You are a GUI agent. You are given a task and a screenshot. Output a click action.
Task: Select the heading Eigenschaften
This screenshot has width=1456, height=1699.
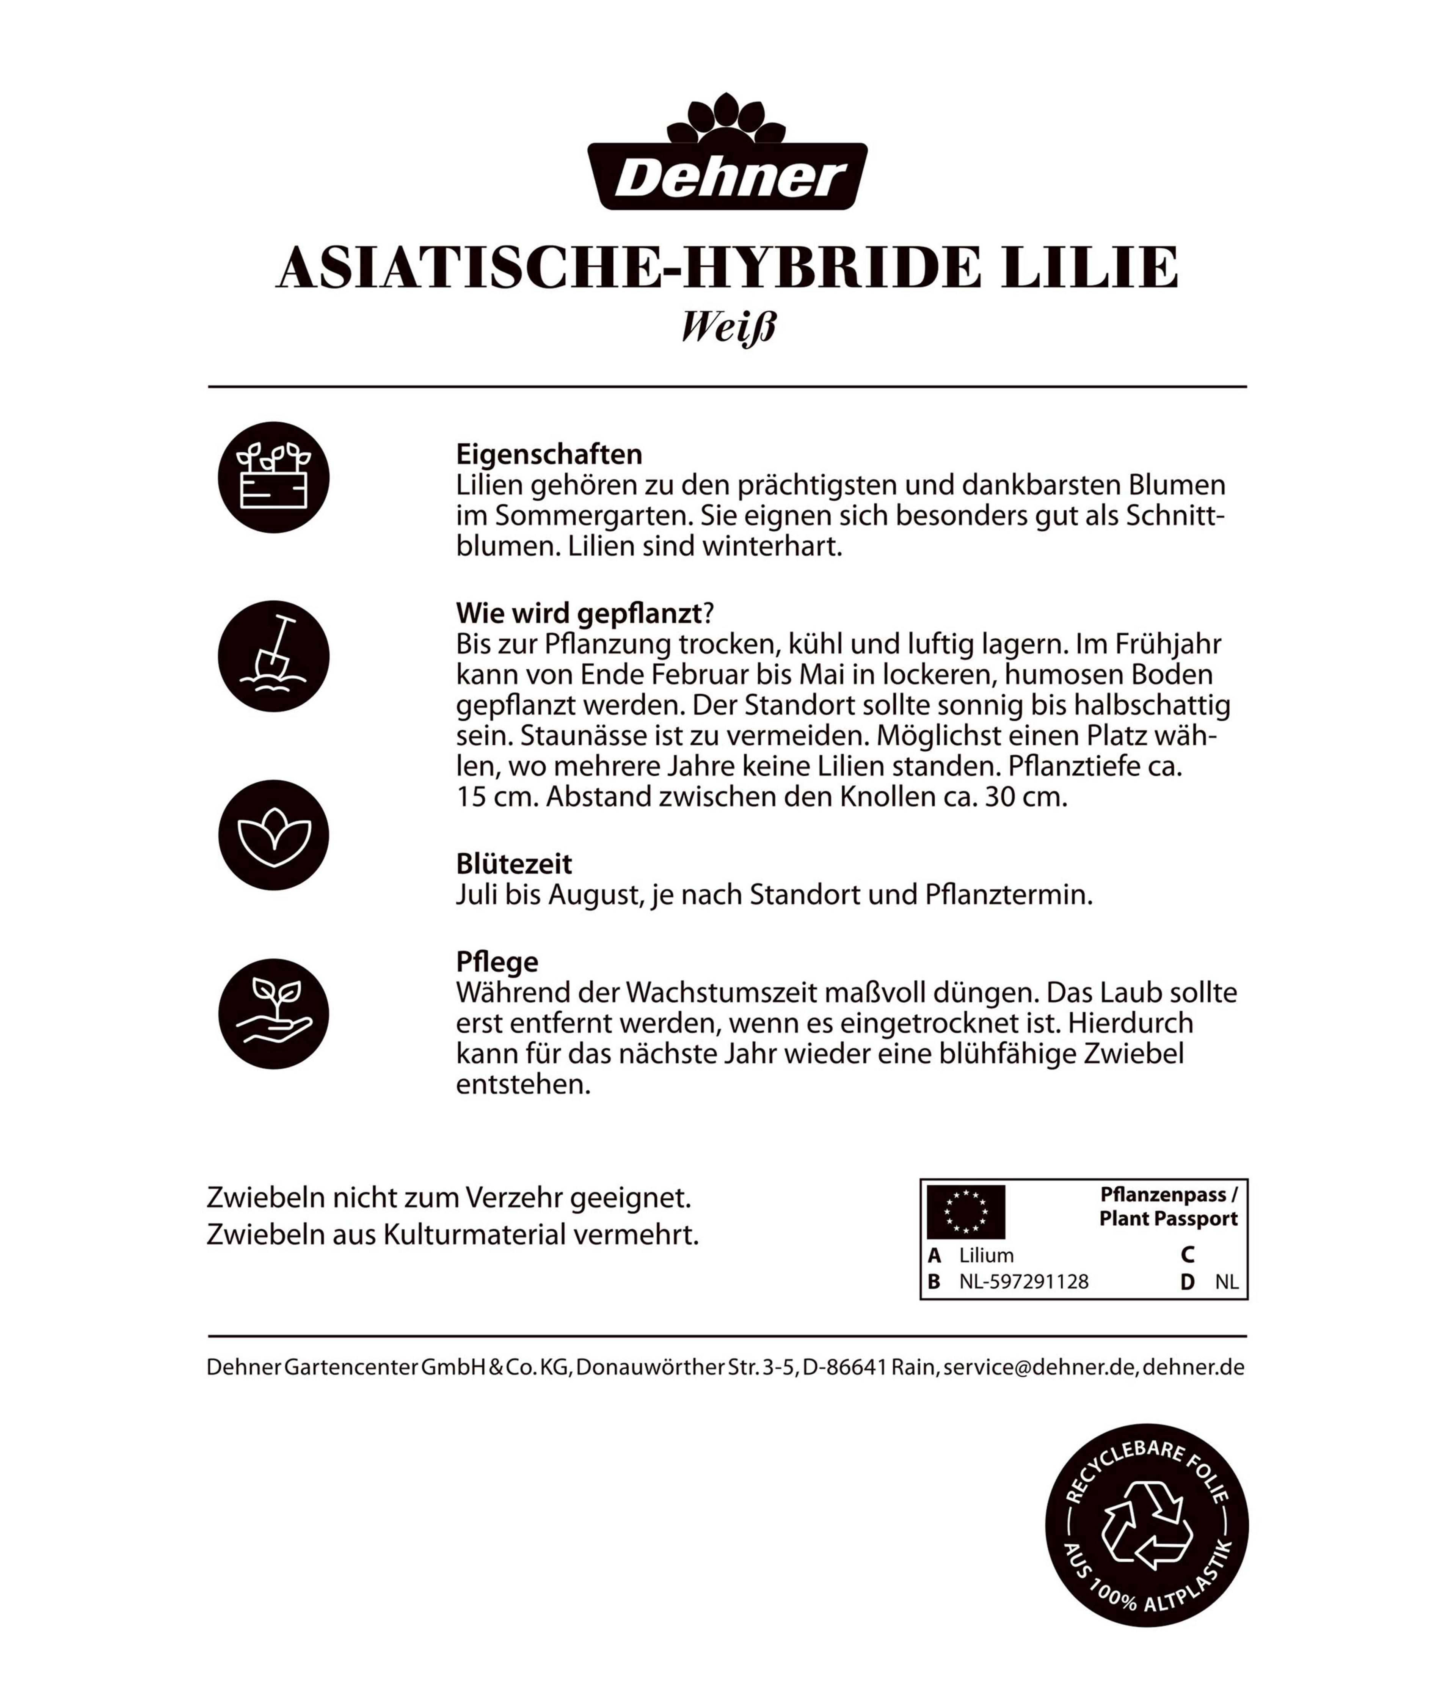(548, 454)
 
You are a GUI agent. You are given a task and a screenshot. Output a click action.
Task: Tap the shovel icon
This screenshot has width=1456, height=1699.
(273, 656)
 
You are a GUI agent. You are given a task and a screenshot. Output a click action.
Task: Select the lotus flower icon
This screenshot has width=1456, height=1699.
(273, 835)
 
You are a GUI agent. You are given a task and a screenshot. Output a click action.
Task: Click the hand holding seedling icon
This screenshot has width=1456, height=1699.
(273, 1013)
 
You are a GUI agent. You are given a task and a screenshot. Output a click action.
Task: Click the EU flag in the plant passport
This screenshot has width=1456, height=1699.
(965, 1211)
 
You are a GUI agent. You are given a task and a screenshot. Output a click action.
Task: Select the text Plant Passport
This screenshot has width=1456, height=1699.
(1167, 1219)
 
